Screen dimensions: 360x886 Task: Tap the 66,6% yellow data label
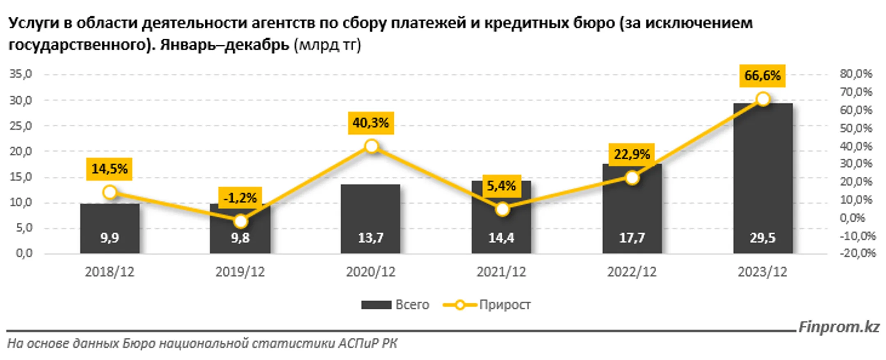click(x=762, y=75)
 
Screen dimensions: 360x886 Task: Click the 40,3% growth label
click(x=371, y=123)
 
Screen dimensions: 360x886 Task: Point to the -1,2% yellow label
click(x=240, y=198)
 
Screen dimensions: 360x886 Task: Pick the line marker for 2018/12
click(x=110, y=192)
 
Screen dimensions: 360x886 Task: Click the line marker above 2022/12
click(x=632, y=178)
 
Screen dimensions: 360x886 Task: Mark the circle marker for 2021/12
click(x=502, y=210)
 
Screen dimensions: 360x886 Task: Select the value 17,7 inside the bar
click(x=632, y=238)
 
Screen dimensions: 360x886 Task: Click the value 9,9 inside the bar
click(x=110, y=238)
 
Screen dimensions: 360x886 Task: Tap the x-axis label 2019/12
click(x=240, y=272)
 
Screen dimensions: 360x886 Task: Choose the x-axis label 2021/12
click(x=501, y=272)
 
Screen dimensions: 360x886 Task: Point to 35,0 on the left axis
click(x=21, y=74)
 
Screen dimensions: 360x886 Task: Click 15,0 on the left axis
click(x=21, y=177)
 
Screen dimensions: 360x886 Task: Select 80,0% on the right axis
click(x=856, y=74)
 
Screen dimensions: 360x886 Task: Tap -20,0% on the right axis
click(x=857, y=253)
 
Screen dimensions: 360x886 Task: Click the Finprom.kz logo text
click(x=839, y=327)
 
